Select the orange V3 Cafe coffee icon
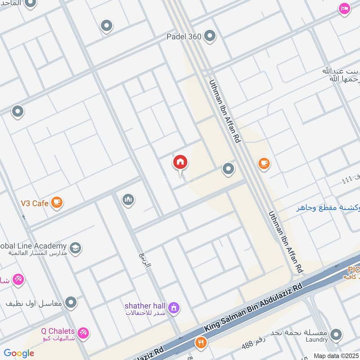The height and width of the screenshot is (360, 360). tap(57, 203)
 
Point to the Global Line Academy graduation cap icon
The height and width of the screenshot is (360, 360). tap(75, 248)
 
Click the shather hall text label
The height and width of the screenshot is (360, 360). tap(145, 306)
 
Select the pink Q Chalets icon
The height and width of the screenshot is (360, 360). tap(83, 333)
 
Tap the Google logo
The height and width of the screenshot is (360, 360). tap(19, 353)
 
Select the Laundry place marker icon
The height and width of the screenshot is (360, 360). tap(336, 335)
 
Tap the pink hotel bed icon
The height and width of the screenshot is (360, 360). tap(345, 9)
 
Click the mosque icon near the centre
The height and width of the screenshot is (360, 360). tap(128, 199)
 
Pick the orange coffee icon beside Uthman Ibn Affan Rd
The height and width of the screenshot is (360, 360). tap(264, 164)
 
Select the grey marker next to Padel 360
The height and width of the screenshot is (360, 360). tap(210, 36)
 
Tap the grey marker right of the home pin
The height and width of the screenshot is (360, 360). tap(229, 169)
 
